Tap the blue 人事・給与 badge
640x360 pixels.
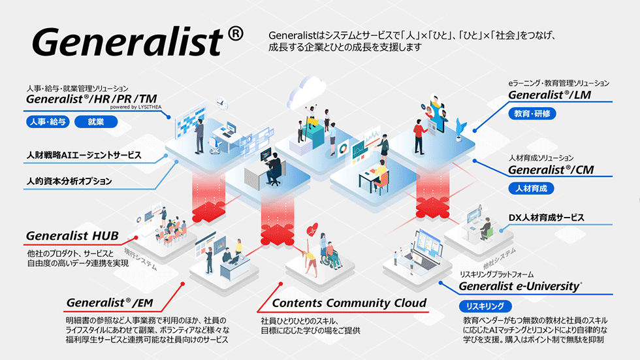coord(48,122)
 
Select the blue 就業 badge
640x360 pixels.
coord(96,122)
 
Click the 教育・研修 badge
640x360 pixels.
coord(533,113)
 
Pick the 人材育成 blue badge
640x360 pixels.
coord(532,188)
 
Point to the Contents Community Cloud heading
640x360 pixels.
coord(349,303)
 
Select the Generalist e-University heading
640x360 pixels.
coord(520,286)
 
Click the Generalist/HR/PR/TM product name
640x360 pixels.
coord(92,99)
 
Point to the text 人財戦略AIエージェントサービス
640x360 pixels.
coord(84,155)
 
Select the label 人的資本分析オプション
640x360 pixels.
coord(69,180)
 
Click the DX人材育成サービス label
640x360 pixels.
coord(546,218)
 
